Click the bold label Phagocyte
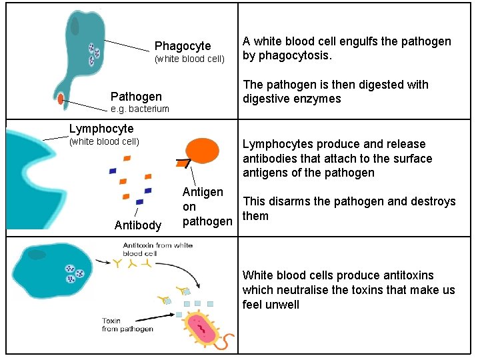[x=183, y=46]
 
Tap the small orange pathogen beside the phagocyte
[x=61, y=99]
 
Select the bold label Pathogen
[x=136, y=97]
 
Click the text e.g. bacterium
[x=140, y=109]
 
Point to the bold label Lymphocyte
[x=101, y=129]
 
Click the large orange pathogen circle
[x=203, y=151]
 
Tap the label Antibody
[x=138, y=225]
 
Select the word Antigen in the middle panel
[x=203, y=192]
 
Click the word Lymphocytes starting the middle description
[x=277, y=144]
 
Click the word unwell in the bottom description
[x=282, y=305]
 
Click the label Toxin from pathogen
[x=127, y=325]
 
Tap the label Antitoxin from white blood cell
[x=157, y=249]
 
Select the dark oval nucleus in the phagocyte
[x=75, y=26]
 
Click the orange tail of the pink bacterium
[x=227, y=342]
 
